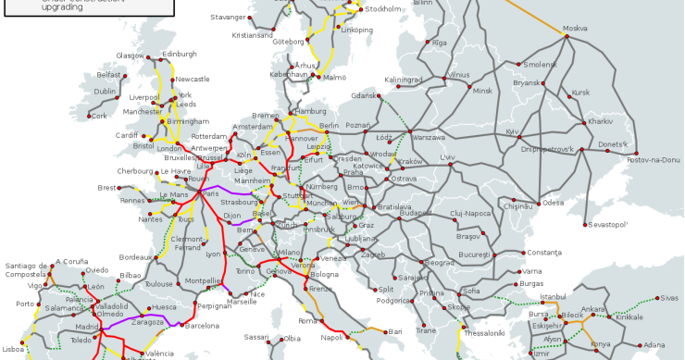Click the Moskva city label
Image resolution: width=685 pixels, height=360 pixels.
[577, 29]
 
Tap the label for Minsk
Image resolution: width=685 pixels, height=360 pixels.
[483, 92]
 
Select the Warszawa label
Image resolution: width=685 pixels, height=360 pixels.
[429, 136]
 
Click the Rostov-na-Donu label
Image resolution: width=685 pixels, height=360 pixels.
[654, 160]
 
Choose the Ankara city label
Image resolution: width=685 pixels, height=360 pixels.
[593, 308]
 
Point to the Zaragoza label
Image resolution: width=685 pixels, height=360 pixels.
[146, 323]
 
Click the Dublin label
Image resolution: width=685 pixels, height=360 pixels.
[106, 92]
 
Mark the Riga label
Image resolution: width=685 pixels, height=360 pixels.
[439, 43]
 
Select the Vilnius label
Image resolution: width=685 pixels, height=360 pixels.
[457, 74]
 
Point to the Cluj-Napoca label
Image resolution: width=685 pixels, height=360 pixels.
[469, 214]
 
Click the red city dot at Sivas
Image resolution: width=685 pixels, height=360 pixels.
[654, 299]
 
